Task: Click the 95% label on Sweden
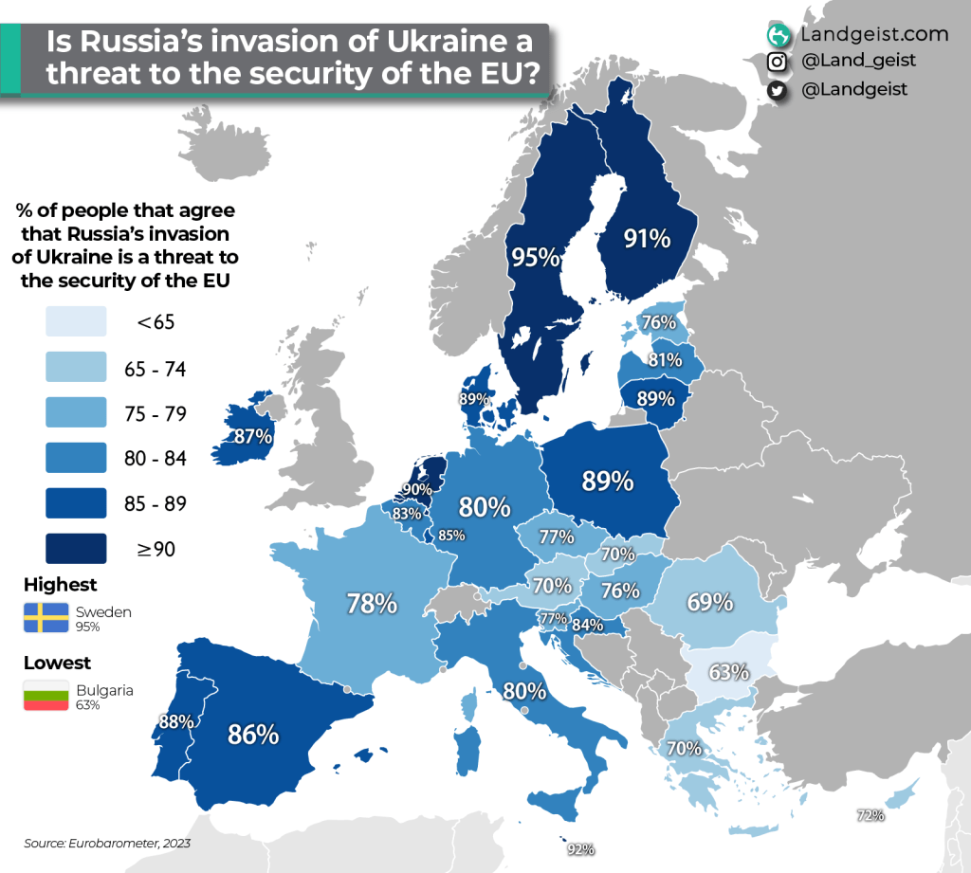coord(535,257)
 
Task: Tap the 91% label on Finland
coord(648,239)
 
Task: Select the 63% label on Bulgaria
coord(729,673)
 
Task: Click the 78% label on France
coord(371,603)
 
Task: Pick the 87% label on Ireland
coord(254,437)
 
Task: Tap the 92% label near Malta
coord(580,849)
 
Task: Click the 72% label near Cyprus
coord(870,815)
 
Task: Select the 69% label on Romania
coord(709,602)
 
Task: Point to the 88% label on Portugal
coord(176,721)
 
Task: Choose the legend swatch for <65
coord(75,322)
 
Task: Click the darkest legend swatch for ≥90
coord(75,547)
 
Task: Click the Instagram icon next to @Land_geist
coord(778,62)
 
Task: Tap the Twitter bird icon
coord(778,89)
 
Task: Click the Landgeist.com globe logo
coord(779,35)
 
